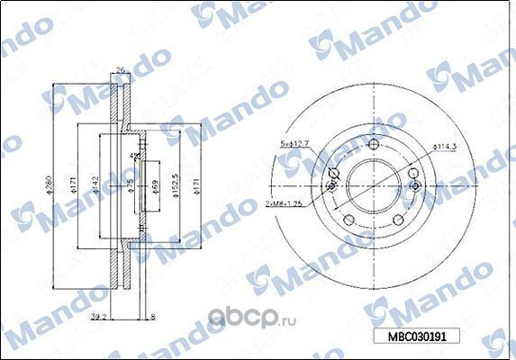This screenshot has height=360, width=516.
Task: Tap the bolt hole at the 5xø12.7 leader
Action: pos(334,174)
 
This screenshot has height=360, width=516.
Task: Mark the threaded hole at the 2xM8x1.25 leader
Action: pos(331,186)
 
